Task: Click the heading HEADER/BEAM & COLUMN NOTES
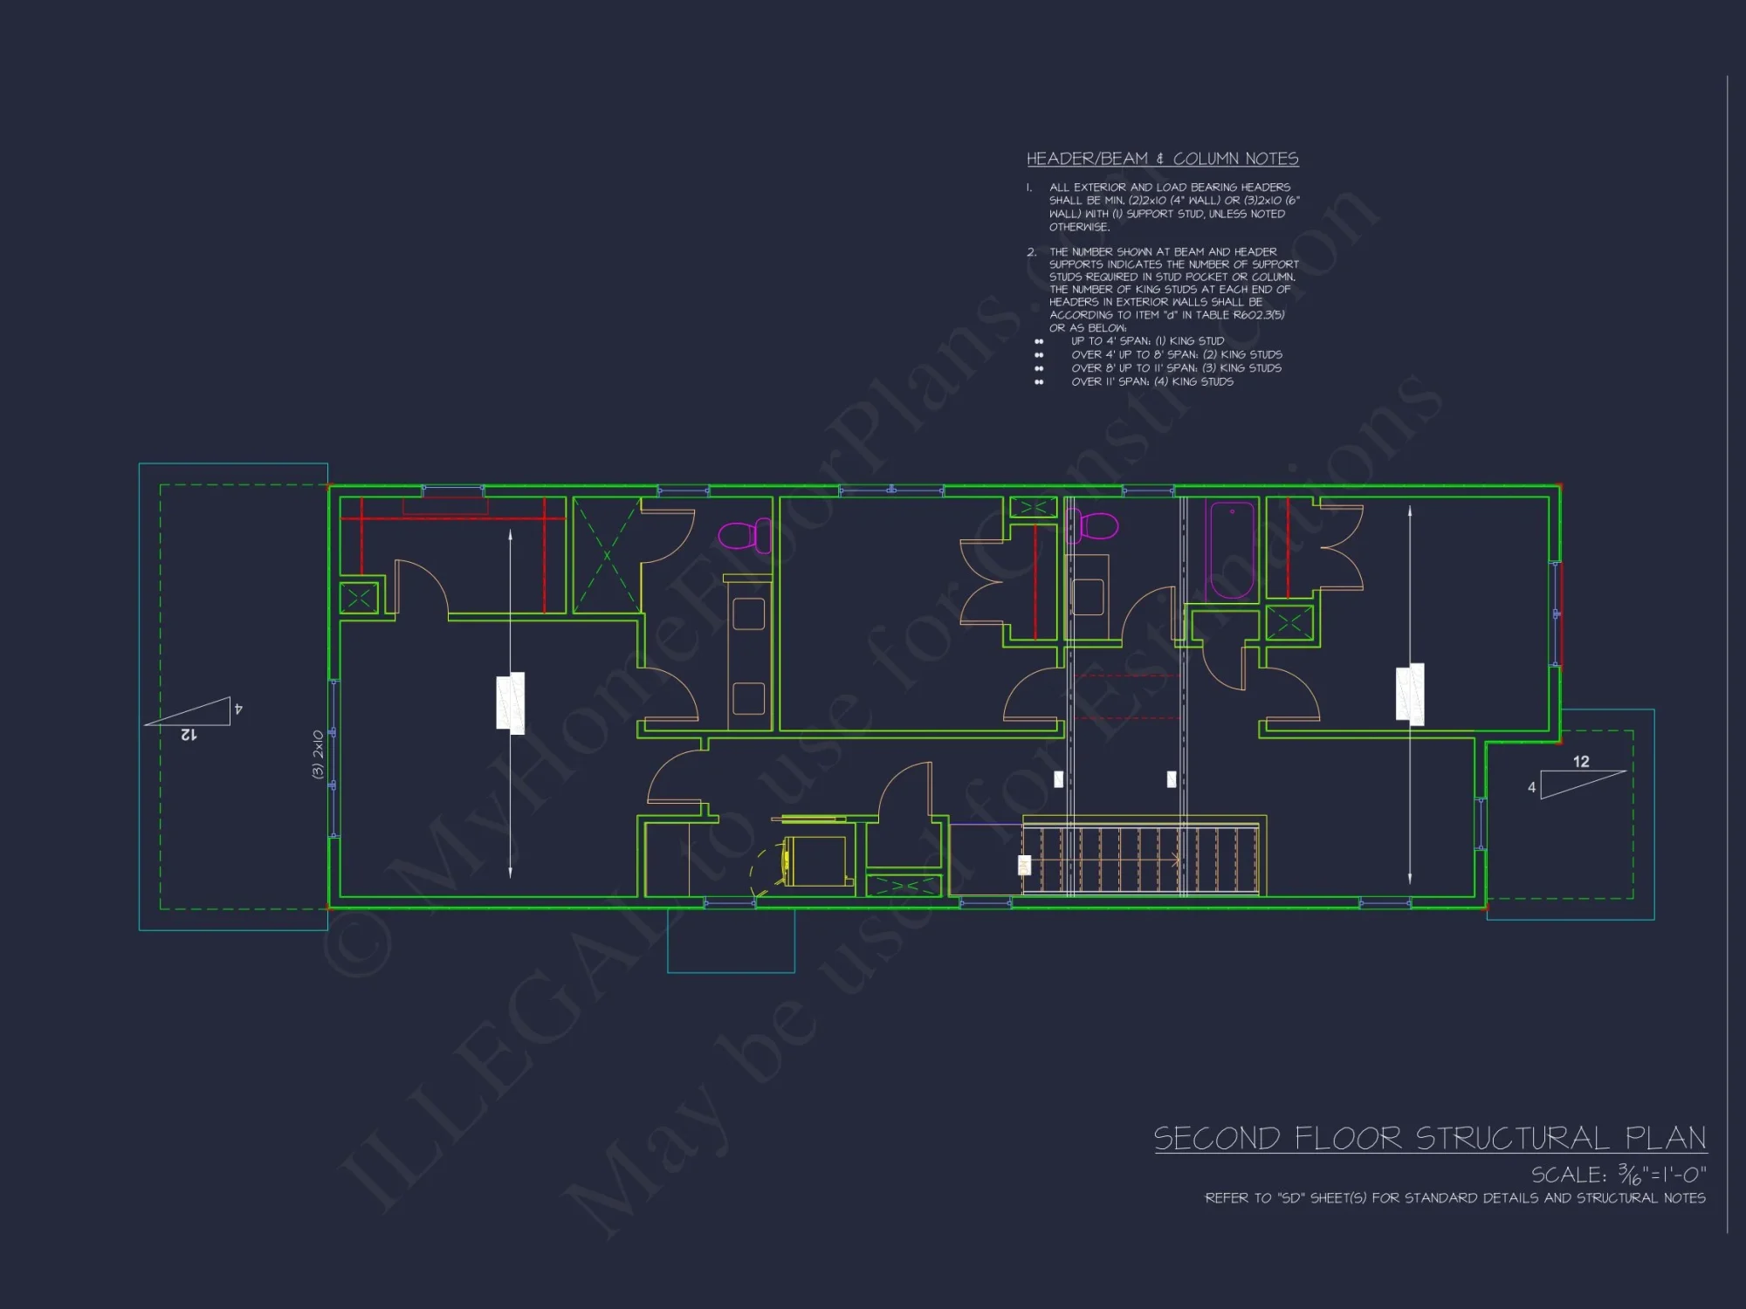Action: (x=1162, y=159)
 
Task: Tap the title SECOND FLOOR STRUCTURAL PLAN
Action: (x=1430, y=1139)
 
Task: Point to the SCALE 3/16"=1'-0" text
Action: (x=1618, y=1175)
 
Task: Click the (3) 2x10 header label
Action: (x=318, y=754)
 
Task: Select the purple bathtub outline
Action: (x=1231, y=549)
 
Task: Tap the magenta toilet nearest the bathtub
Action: (x=1095, y=526)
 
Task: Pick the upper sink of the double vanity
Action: (x=748, y=613)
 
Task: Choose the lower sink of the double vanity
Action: (x=748, y=698)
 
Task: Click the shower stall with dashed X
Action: (x=607, y=555)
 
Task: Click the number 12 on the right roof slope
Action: (x=1581, y=762)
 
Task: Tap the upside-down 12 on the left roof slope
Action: (x=189, y=735)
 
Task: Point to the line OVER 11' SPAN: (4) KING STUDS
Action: (x=1151, y=381)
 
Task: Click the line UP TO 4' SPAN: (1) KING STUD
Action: (x=1147, y=341)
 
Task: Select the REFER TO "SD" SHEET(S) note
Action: (x=1454, y=1198)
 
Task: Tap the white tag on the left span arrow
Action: (x=511, y=702)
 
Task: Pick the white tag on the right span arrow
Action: (x=1410, y=694)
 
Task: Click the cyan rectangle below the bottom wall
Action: (x=731, y=942)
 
